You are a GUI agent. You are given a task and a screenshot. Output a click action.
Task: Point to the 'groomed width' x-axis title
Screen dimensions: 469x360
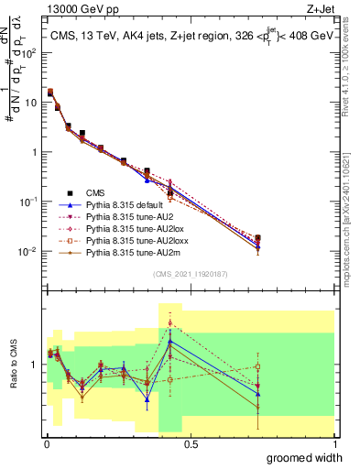(305, 457)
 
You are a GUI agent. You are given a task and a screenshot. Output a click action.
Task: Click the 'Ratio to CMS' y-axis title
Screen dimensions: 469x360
(15, 364)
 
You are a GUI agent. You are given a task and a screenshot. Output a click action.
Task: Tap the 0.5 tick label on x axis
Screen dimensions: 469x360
(191, 443)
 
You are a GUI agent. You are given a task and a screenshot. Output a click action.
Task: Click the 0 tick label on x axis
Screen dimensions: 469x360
(46, 443)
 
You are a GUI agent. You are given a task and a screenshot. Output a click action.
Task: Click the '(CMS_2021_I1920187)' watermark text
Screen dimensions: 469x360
(190, 275)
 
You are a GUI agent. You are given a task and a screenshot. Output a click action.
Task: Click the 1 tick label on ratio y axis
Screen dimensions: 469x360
(37, 364)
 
